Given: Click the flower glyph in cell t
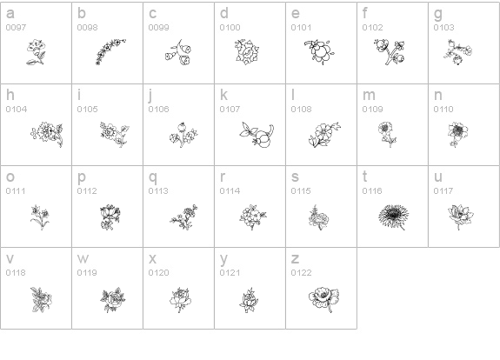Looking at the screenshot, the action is [394, 217].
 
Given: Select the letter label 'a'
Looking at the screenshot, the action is [10, 13].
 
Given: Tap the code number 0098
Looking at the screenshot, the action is [87, 28].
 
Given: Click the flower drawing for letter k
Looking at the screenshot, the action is [257, 135].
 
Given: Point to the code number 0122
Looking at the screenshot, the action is [301, 273].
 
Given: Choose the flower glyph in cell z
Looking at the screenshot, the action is [323, 299].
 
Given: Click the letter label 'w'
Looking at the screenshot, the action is [83, 258].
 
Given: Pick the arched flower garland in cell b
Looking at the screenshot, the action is [110, 52].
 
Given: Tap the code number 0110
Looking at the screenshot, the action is [443, 110].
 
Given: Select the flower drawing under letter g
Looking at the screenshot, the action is [458, 52].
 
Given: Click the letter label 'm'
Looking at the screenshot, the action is [369, 96].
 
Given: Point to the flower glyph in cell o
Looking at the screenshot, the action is [40, 217].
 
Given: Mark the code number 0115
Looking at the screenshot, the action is [301, 191].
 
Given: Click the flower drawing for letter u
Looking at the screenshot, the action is [461, 217].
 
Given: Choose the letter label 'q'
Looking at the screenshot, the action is [153, 178].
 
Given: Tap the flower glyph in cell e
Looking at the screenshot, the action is [319, 52].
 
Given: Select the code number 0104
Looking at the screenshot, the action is [17, 110].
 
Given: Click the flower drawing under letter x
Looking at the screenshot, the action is [181, 300].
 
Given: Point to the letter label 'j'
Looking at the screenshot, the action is [150, 97].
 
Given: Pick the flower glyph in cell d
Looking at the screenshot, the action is [247, 52].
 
